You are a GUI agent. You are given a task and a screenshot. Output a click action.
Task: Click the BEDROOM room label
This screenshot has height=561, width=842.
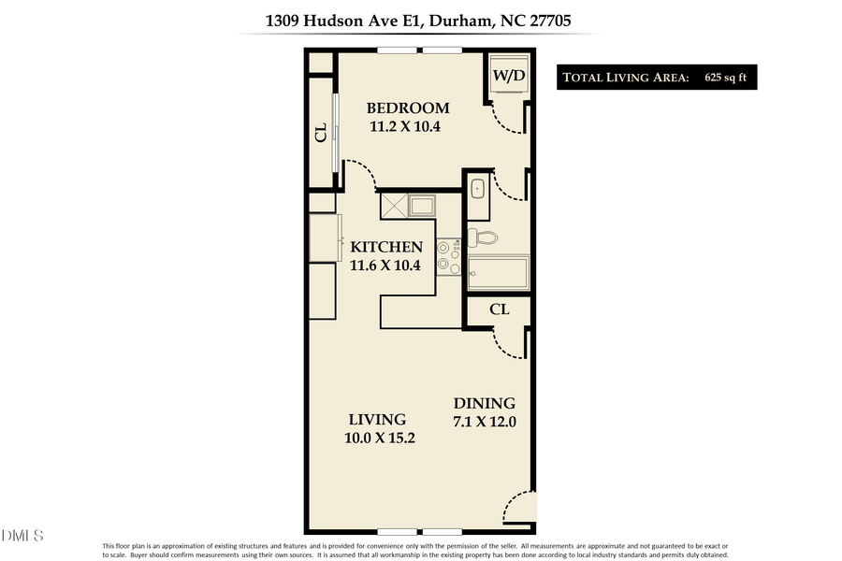407,108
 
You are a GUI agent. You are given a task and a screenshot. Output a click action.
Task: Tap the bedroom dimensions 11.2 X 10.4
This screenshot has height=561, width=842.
407,127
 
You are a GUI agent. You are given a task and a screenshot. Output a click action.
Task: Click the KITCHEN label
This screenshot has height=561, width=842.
386,248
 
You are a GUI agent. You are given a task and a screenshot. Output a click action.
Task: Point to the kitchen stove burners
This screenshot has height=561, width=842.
449,254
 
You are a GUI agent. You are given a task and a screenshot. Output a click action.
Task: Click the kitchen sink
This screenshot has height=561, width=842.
408,206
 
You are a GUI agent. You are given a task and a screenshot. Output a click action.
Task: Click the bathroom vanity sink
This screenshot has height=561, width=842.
477,188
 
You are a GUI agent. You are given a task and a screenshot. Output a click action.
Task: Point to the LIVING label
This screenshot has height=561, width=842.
377,420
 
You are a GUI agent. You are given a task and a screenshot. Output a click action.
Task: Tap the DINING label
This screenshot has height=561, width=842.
484,402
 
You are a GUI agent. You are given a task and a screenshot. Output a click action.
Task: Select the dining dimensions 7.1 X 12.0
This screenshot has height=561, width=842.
484,421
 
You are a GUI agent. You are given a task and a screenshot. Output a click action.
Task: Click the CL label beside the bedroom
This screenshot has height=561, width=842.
321,134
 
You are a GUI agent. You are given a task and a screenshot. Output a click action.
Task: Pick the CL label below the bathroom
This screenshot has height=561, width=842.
500,309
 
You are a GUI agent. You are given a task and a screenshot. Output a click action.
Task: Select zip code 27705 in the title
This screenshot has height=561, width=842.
565,20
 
